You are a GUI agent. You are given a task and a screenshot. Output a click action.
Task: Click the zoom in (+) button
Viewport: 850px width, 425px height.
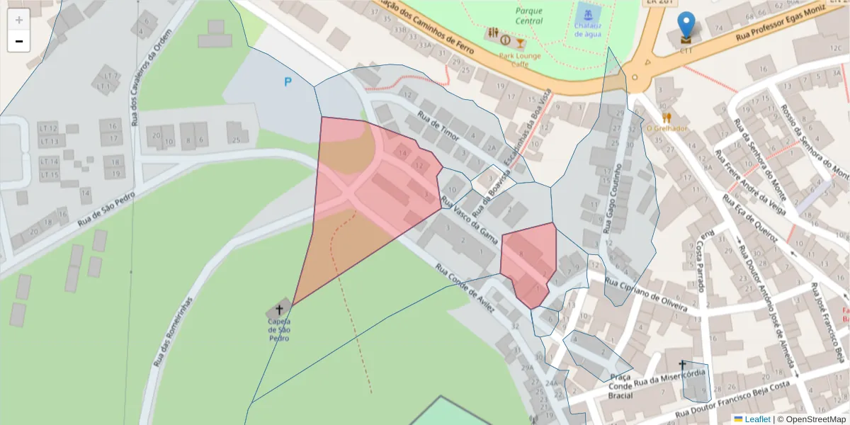pos(19,20)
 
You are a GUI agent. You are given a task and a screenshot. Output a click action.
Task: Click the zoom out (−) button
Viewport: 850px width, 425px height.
pos(19,41)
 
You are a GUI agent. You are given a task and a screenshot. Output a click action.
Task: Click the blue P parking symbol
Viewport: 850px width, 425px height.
pos(288,82)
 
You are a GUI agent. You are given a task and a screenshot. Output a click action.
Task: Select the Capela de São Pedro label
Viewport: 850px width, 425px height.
pos(279,329)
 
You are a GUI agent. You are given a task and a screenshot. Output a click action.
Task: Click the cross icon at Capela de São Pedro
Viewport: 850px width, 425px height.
pos(279,310)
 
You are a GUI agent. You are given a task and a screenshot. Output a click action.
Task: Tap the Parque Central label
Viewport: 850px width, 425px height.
pos(529,16)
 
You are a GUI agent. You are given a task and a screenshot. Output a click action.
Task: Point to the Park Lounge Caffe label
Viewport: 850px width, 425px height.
pos(520,59)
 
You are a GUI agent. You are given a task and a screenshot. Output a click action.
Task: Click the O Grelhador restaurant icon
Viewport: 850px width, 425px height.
pos(667,117)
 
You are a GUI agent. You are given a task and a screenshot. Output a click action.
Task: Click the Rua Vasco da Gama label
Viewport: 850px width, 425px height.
pos(470,222)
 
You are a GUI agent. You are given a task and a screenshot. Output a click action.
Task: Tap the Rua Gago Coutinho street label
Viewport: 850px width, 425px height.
pos(613,199)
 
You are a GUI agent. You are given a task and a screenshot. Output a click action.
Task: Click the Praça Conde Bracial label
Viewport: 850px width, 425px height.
pos(620,386)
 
